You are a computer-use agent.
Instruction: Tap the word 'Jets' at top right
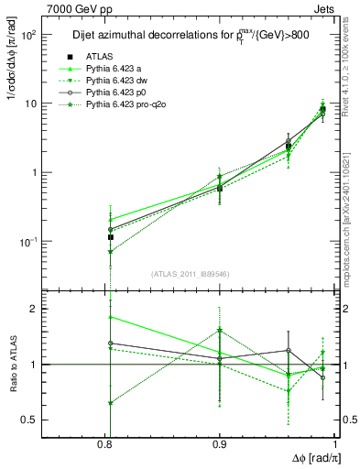point(325,7)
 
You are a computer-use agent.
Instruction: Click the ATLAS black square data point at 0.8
point(110,237)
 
